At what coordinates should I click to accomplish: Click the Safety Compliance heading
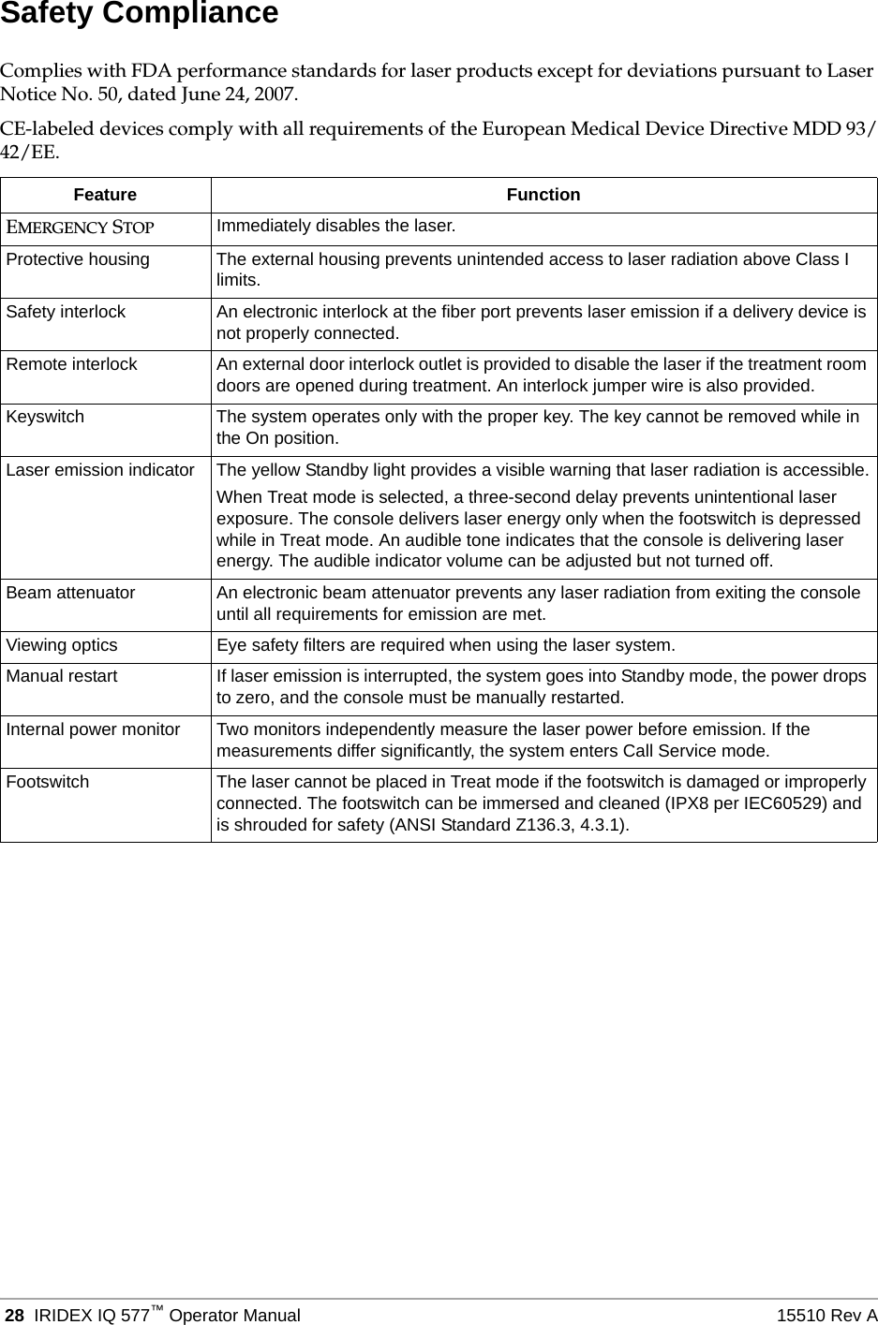[x=139, y=14]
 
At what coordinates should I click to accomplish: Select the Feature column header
[x=105, y=195]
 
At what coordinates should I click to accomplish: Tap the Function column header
[x=543, y=195]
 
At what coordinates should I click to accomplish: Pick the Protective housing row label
[x=78, y=259]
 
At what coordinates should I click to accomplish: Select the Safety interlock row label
[x=66, y=312]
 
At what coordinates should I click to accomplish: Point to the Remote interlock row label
[x=71, y=364]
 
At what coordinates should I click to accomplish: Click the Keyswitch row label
[x=45, y=417]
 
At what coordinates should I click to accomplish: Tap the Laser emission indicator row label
[x=100, y=469]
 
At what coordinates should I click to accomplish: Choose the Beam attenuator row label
[x=70, y=593]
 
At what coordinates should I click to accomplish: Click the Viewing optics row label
[x=62, y=645]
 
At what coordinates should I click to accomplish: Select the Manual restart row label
[x=62, y=676]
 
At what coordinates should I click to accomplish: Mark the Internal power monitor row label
[x=93, y=729]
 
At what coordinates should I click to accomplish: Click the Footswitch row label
[x=48, y=782]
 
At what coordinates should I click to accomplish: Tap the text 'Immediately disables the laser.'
[x=336, y=226]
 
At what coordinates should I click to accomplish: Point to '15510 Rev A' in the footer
[x=826, y=1316]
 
